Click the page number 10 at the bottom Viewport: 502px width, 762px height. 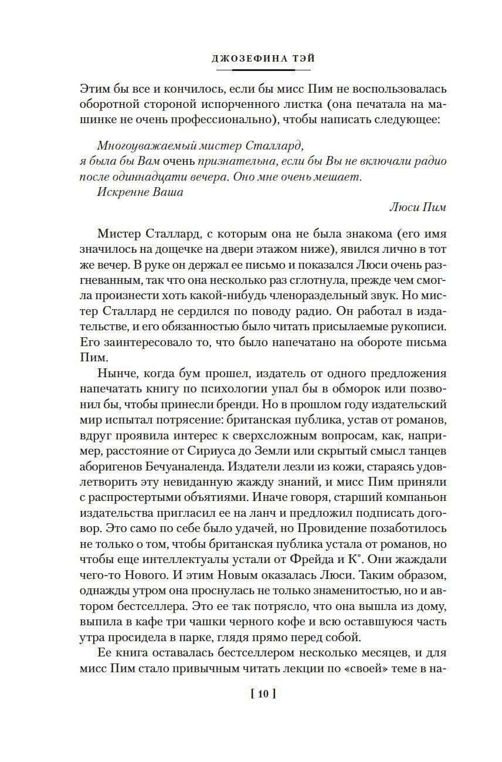[x=263, y=695]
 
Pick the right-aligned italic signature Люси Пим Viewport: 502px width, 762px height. [x=418, y=207]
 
